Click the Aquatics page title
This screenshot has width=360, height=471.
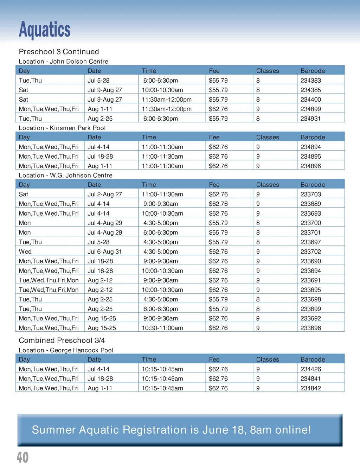(x=45, y=30)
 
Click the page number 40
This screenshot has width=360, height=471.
(x=22, y=457)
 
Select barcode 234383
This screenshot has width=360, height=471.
(x=310, y=81)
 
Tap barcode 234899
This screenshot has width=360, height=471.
(x=310, y=109)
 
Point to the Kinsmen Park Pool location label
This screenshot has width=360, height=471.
(x=62, y=128)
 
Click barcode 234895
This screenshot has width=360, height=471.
(x=310, y=157)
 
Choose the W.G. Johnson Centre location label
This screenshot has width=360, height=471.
(x=65, y=176)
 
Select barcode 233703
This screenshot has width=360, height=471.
(x=310, y=194)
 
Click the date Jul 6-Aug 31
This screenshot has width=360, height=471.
(x=104, y=252)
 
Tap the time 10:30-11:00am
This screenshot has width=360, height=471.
(x=162, y=328)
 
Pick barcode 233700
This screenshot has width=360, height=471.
(x=310, y=223)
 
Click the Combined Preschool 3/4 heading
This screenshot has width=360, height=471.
(x=62, y=340)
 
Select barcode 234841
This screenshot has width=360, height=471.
(x=310, y=379)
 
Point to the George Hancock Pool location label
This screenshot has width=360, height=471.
(x=66, y=350)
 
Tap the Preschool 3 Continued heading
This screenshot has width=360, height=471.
(x=59, y=52)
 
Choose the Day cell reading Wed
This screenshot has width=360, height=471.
(x=25, y=252)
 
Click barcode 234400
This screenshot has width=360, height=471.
(x=310, y=100)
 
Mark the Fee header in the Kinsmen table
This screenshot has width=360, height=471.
(x=214, y=137)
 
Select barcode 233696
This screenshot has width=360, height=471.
(x=310, y=328)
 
